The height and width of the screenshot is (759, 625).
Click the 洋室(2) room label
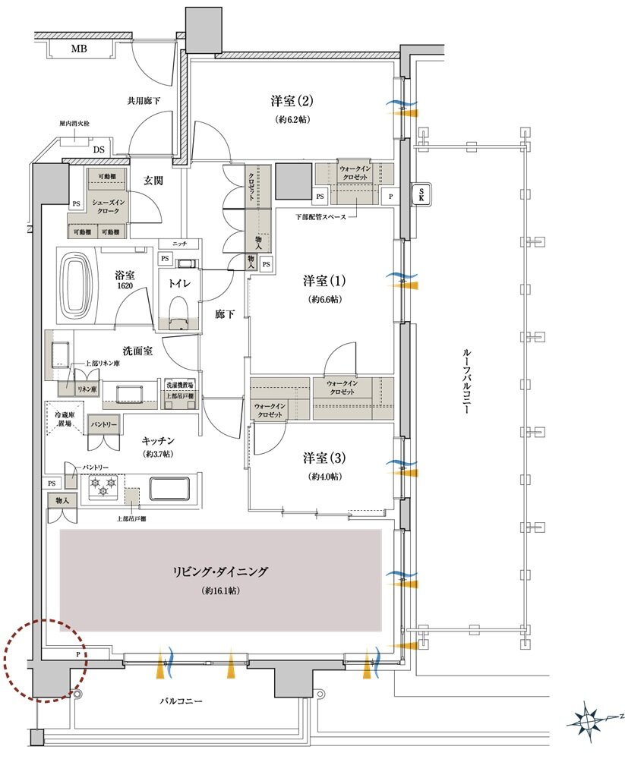[292, 100]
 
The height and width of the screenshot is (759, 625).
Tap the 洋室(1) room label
[324, 281]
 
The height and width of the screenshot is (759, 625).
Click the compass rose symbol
[592, 718]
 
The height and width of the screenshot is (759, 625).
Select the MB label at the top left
[80, 49]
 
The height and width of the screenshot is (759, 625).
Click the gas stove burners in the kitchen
[102, 487]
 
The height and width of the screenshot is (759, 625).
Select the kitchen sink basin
[173, 488]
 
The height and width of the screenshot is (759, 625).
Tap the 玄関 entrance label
[154, 181]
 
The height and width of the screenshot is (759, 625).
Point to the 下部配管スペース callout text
[320, 217]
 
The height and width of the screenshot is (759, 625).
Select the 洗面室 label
[138, 351]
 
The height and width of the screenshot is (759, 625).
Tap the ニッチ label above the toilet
[179, 244]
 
